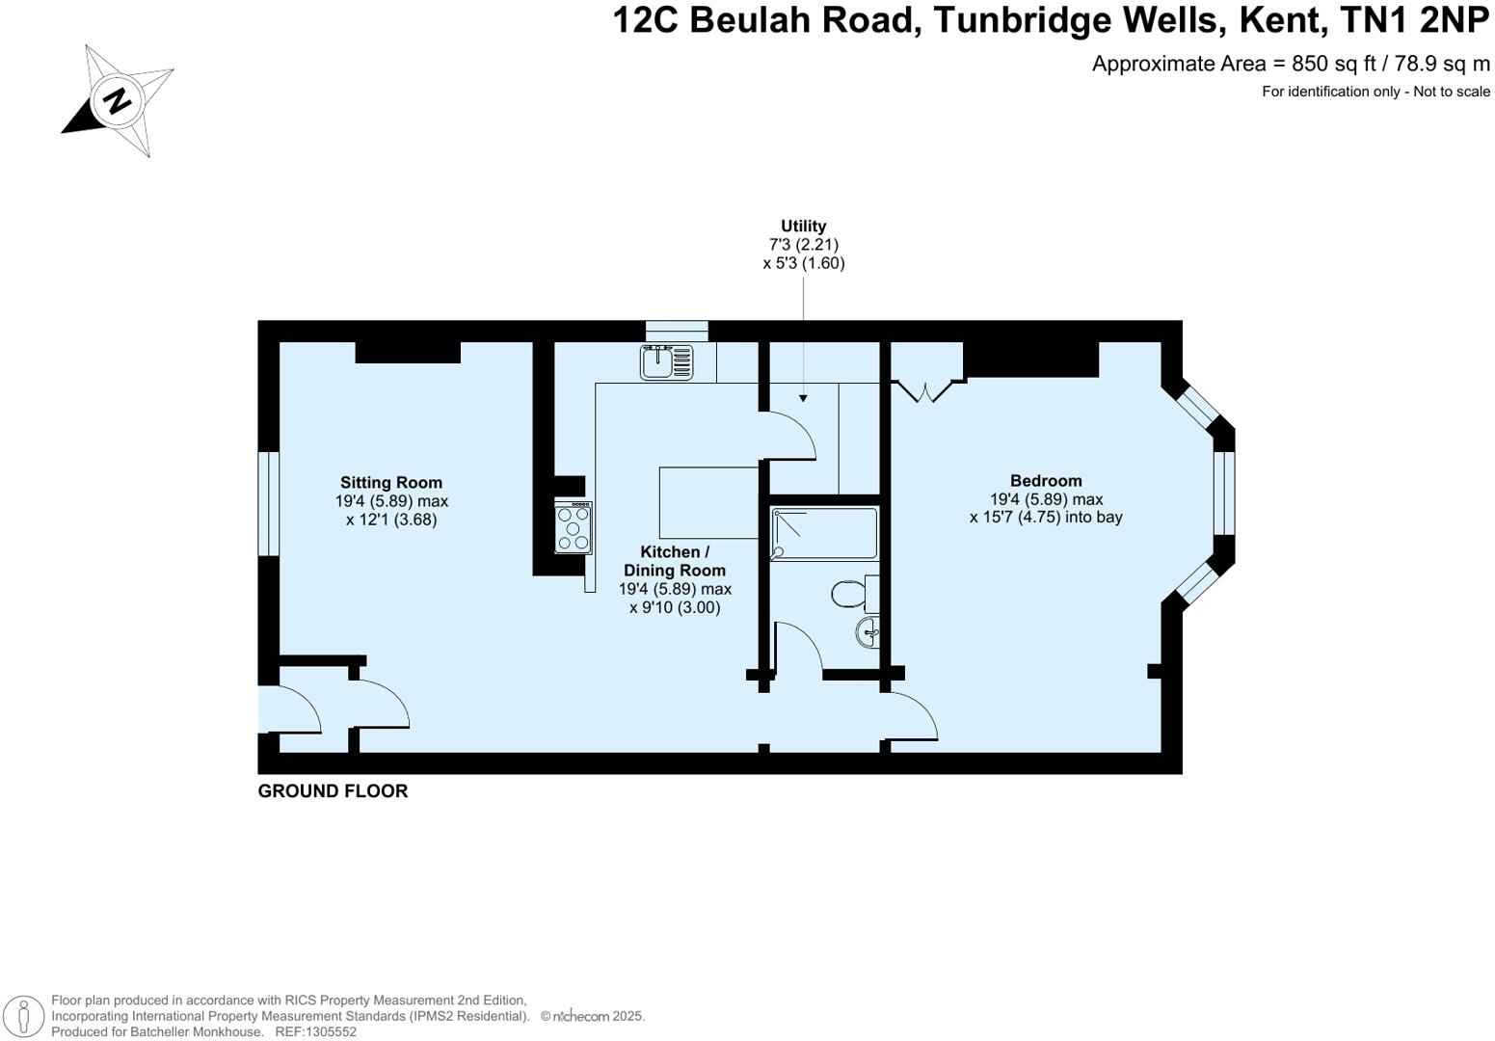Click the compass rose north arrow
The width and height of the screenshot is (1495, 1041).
(x=117, y=100)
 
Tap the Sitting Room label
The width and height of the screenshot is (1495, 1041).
(x=390, y=483)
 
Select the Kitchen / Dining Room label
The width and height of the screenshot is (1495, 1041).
(x=675, y=561)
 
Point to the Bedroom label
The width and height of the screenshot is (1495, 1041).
(x=1046, y=481)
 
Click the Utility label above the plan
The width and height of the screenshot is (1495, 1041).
(x=803, y=227)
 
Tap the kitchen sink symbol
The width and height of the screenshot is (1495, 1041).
(x=666, y=362)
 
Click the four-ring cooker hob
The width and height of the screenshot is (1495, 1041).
(x=574, y=527)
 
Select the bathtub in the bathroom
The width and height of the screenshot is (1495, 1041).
(x=824, y=533)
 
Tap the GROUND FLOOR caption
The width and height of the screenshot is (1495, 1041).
(x=333, y=791)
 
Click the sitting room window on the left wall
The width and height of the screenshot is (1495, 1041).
(x=268, y=503)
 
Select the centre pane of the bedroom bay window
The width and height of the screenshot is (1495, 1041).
(x=1223, y=492)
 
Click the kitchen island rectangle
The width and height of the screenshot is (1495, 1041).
(x=709, y=503)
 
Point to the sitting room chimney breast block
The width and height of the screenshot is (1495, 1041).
(x=408, y=352)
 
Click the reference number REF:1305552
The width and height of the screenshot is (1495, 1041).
(x=315, y=1031)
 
